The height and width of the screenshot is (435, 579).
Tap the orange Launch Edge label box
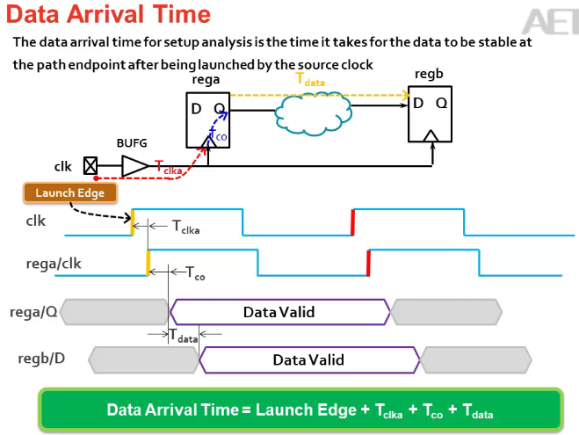click(69, 192)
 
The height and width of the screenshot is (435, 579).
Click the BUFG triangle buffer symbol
click(134, 165)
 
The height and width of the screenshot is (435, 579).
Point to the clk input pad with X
click(89, 164)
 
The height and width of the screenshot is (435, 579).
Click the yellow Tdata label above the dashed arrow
click(310, 80)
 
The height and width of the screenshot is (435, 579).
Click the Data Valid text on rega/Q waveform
click(279, 312)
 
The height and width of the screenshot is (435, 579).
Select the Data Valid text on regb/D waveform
click(308, 359)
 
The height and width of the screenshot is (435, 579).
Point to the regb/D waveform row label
click(41, 359)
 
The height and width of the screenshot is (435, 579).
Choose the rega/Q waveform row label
click(33, 311)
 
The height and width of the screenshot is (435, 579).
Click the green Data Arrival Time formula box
click(300, 410)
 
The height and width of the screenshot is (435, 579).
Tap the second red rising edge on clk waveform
click(353, 222)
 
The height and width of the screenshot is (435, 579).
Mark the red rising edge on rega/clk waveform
click(368, 262)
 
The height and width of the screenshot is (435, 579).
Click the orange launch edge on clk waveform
click(132, 222)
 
